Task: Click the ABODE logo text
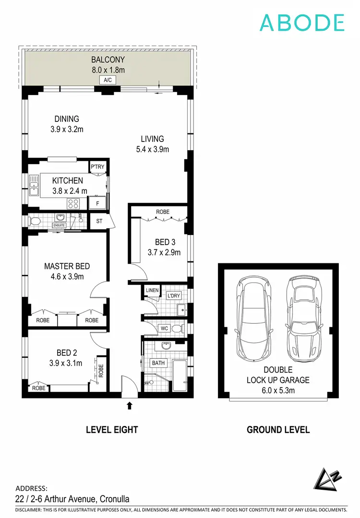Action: tap(302, 23)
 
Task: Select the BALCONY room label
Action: tap(108, 60)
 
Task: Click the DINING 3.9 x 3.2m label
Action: tap(67, 124)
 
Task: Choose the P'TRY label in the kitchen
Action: tap(97, 167)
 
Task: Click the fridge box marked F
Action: tap(97, 203)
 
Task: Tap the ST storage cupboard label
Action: tap(99, 221)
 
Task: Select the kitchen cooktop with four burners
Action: tap(73, 203)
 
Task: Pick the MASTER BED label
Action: tap(67, 266)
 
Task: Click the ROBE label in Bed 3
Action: tap(162, 212)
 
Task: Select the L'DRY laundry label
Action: tap(174, 296)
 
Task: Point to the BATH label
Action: tap(158, 363)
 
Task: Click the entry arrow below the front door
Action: tap(129, 406)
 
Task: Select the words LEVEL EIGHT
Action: tap(112, 430)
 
